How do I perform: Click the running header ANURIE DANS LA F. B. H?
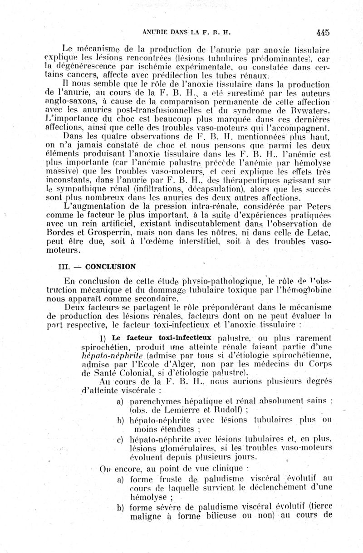(180, 33)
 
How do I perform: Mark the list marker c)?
(121, 439)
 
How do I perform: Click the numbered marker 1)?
(103, 338)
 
